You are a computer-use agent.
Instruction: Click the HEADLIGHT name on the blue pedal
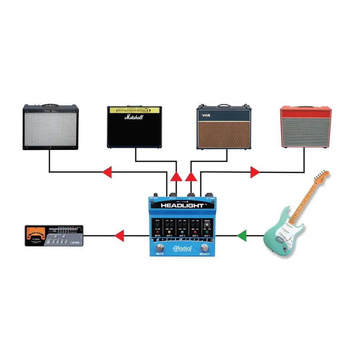(183, 206)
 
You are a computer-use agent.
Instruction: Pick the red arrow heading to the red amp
(255, 172)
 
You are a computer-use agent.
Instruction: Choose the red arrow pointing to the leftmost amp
(106, 172)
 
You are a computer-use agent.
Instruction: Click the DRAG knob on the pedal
(207, 226)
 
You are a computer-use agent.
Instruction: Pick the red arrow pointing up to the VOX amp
(191, 177)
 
